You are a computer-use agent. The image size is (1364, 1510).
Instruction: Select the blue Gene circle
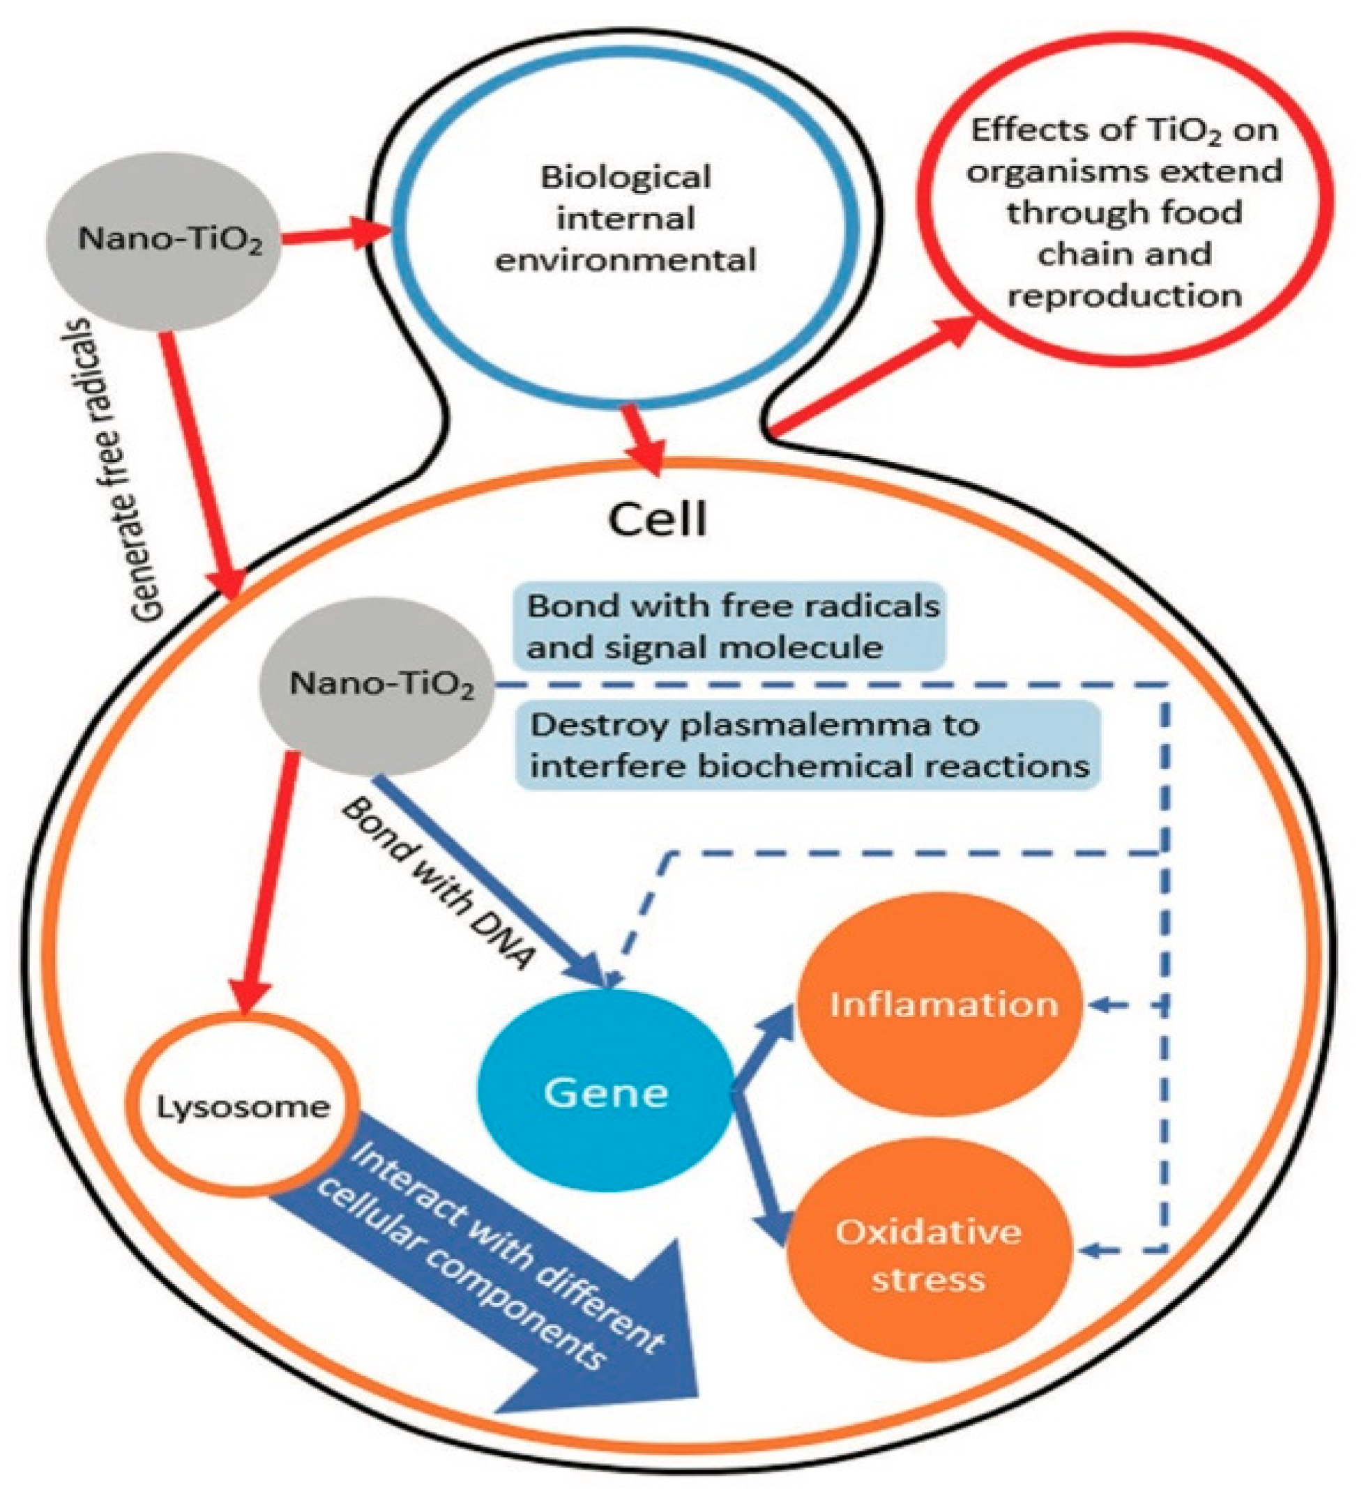coord(605,1094)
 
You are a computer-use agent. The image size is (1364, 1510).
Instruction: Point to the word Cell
coord(656,518)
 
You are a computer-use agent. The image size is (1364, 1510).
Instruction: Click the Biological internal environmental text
coord(625,219)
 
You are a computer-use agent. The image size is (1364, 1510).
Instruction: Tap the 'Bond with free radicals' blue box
coord(731,626)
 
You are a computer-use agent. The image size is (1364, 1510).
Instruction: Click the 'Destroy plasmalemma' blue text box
coord(809,746)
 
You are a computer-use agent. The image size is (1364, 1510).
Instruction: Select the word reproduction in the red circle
coord(1123,296)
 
